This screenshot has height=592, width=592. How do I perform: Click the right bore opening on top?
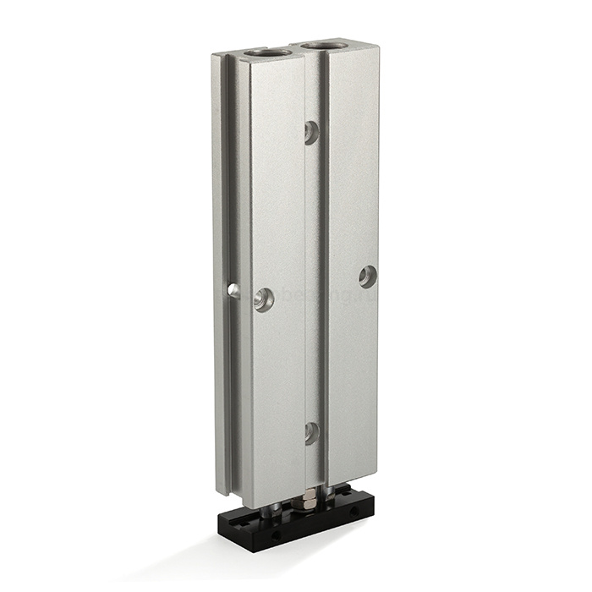click(324, 44)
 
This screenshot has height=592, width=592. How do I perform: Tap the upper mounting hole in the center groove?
click(311, 131)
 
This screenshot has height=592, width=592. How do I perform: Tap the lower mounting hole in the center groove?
click(311, 433)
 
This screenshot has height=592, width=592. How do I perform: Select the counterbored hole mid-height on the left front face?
click(264, 299)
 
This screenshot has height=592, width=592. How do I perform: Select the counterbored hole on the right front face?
click(367, 276)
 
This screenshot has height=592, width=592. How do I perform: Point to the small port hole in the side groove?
click(233, 291)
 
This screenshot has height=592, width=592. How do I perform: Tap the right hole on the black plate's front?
click(354, 512)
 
